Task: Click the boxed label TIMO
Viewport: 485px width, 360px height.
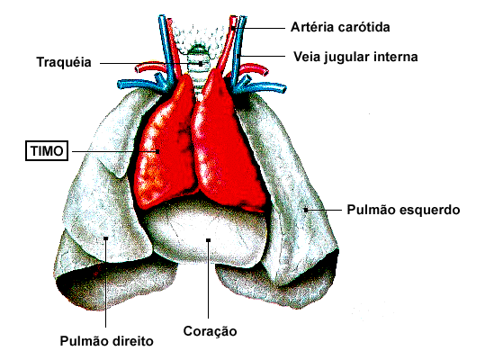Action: point(47,151)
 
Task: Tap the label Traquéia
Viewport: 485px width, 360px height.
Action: point(64,62)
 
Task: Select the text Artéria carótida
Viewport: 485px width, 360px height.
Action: point(340,27)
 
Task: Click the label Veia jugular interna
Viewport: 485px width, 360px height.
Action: point(355,57)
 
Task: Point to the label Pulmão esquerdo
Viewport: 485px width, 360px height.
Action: point(403,210)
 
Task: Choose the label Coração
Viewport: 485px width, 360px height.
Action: point(210,331)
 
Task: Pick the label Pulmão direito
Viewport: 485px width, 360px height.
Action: point(107,341)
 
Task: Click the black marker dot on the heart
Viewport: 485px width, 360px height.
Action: point(209,240)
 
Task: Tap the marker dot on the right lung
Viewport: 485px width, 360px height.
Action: point(106,238)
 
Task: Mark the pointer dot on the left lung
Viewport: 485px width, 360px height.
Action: point(306,210)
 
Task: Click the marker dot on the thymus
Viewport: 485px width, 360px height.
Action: point(157,151)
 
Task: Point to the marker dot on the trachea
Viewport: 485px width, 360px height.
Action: point(201,64)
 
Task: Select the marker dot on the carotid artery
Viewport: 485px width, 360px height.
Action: point(233,28)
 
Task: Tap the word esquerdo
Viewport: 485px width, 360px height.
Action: point(430,210)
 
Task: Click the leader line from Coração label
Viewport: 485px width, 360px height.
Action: point(209,279)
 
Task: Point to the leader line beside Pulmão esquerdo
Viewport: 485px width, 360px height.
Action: point(324,210)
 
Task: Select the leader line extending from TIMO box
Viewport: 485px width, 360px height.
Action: point(115,151)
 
